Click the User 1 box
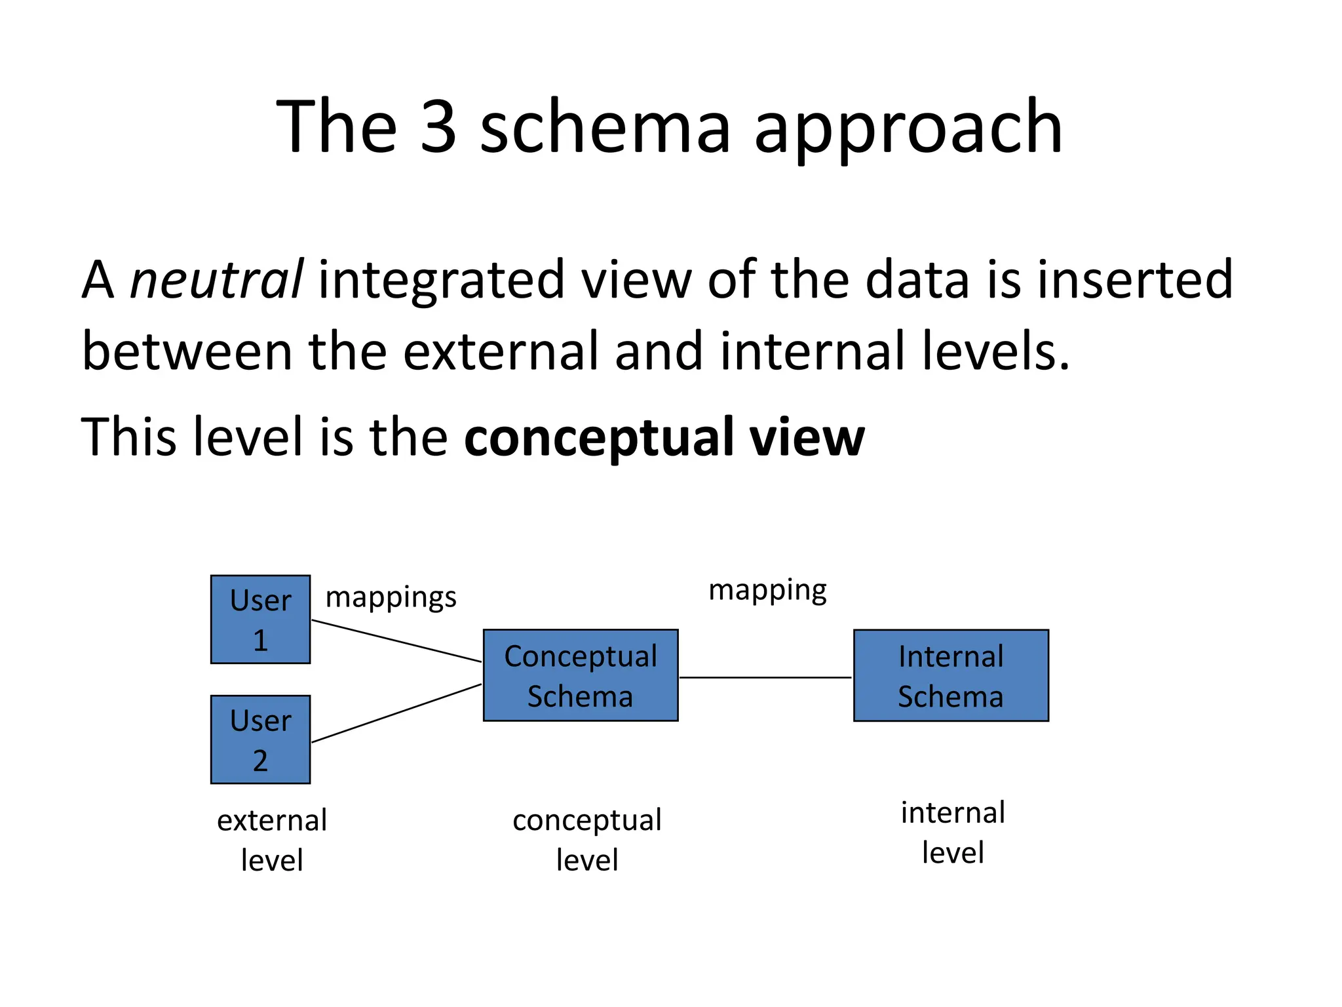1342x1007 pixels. click(x=260, y=619)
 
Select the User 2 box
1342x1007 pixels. click(x=260, y=739)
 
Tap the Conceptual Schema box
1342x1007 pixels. click(x=581, y=675)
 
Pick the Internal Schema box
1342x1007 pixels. click(x=951, y=675)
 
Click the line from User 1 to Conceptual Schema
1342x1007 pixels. click(x=396, y=641)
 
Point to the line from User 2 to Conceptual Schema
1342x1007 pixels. click(x=396, y=713)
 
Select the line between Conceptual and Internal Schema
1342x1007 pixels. click(x=765, y=677)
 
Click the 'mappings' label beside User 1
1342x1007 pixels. click(x=391, y=597)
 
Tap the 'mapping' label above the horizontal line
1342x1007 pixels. click(x=767, y=590)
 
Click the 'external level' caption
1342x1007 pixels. click(x=272, y=840)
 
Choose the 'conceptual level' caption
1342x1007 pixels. click(x=587, y=839)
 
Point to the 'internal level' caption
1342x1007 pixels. click(x=953, y=832)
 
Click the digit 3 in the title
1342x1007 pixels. click(x=438, y=126)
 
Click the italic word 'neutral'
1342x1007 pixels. click(x=216, y=279)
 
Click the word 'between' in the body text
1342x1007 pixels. click(x=187, y=351)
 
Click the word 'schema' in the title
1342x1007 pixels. click(x=605, y=126)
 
